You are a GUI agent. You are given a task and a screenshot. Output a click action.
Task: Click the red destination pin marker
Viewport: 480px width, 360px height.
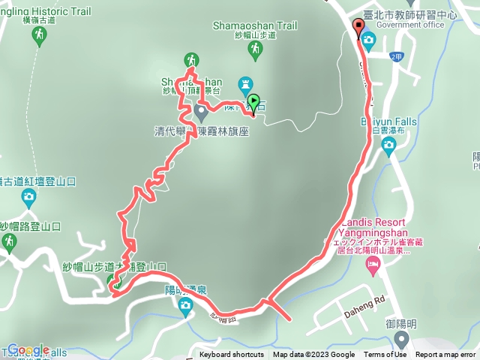pyautogui.click(x=358, y=26)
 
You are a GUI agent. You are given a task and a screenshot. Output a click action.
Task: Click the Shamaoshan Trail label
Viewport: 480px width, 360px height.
pyautogui.click(x=254, y=25)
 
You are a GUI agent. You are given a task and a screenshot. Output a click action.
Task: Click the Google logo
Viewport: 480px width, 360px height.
pyautogui.click(x=28, y=349)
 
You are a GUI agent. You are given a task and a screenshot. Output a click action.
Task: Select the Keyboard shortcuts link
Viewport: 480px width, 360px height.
pyautogui.click(x=231, y=355)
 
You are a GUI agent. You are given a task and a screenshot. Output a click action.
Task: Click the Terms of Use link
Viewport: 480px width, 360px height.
pyautogui.click(x=385, y=355)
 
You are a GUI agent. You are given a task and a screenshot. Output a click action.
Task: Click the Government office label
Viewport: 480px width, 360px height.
pyautogui.click(x=411, y=24)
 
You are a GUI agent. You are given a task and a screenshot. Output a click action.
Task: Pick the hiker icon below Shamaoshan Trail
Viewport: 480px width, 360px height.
pyautogui.click(x=256, y=49)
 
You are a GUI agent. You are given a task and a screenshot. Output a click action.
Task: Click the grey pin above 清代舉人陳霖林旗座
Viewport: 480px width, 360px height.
pyautogui.click(x=200, y=112)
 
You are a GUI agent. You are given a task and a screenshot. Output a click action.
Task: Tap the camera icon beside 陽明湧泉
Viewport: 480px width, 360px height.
pyautogui.click(x=184, y=304)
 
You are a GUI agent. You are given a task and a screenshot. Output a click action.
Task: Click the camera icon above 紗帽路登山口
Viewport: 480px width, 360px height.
pyautogui.click(x=28, y=199)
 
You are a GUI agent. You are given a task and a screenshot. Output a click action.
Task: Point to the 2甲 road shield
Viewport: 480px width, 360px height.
pyautogui.click(x=397, y=56)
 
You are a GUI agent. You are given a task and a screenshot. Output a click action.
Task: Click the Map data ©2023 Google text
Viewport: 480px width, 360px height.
pyautogui.click(x=313, y=355)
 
